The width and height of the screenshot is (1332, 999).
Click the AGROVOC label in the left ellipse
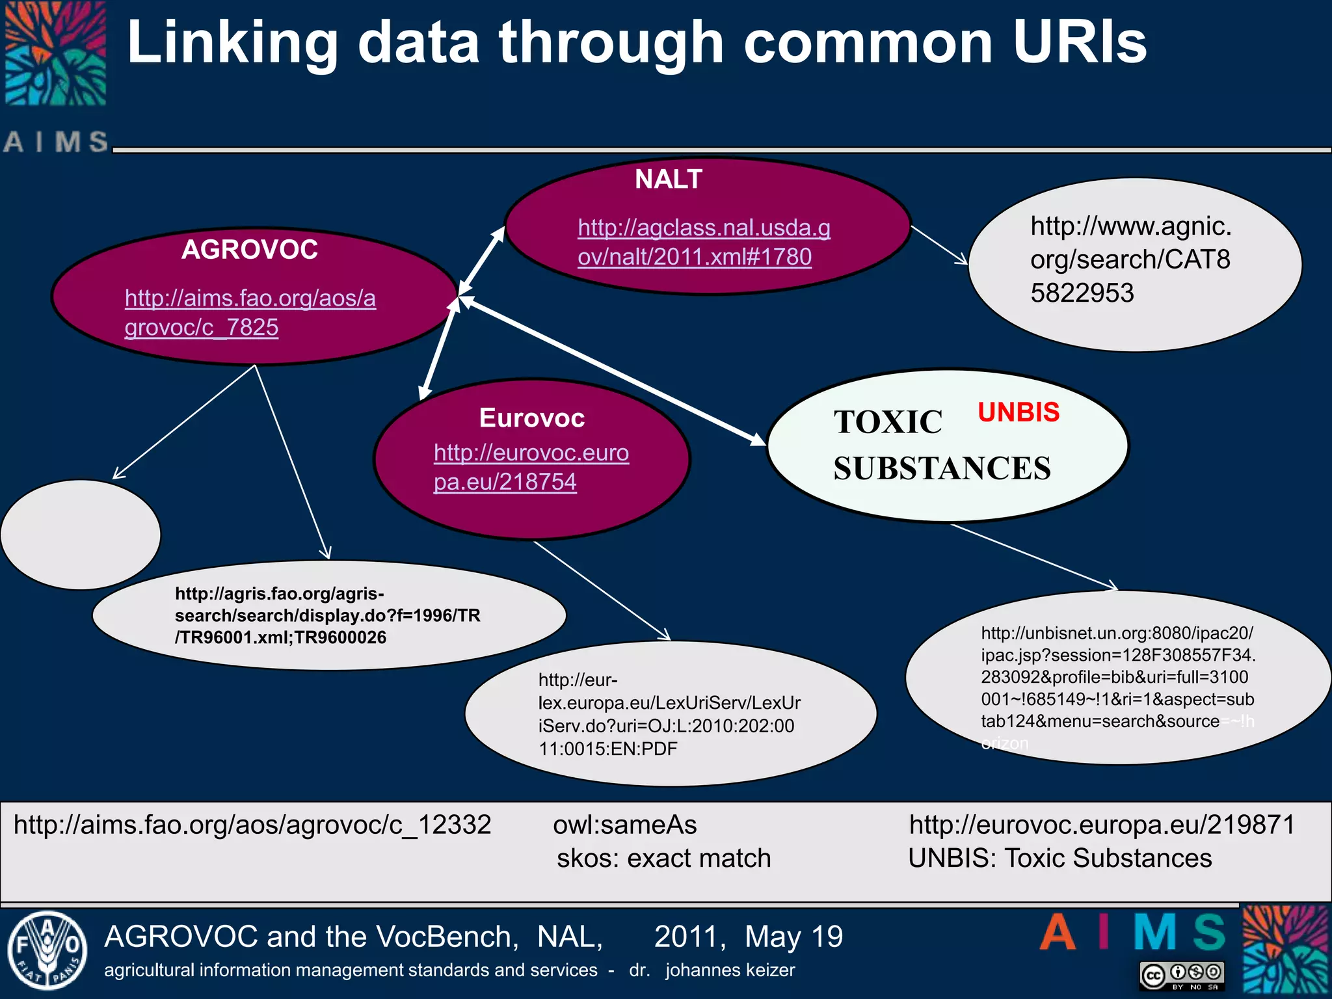point(250,250)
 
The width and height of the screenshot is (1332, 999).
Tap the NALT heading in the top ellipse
point(669,179)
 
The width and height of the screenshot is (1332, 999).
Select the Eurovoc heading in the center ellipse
point(532,418)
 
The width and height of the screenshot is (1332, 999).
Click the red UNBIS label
point(1019,412)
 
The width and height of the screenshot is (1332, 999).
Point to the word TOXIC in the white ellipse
point(888,422)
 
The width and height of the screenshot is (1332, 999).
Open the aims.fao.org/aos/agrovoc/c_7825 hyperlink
point(250,312)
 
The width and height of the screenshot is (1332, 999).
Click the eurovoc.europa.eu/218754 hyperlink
point(531,467)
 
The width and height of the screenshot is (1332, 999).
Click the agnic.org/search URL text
point(1130,260)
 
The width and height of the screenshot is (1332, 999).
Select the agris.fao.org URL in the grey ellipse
point(327,615)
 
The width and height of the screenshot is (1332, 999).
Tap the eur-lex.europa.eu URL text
point(669,714)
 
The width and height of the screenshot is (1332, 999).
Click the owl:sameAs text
point(624,825)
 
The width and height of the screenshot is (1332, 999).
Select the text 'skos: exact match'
point(663,859)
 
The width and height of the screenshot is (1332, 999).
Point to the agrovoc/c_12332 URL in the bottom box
point(252,825)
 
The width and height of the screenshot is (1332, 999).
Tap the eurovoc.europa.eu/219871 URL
point(1102,825)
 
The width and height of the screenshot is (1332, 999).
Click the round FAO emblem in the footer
point(47,951)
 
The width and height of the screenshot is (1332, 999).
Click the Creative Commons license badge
point(1182,975)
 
